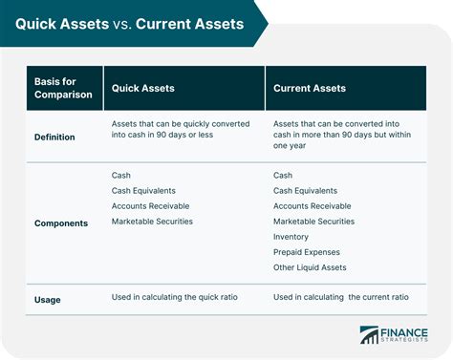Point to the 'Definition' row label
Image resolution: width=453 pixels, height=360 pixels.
(54, 137)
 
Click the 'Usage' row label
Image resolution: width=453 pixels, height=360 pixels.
(49, 299)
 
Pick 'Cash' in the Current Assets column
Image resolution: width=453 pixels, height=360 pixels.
(284, 175)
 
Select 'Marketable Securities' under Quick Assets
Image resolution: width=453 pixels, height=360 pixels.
(152, 222)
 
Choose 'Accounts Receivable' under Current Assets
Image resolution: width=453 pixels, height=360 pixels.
(312, 206)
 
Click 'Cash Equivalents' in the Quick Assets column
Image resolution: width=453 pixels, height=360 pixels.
(144, 191)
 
